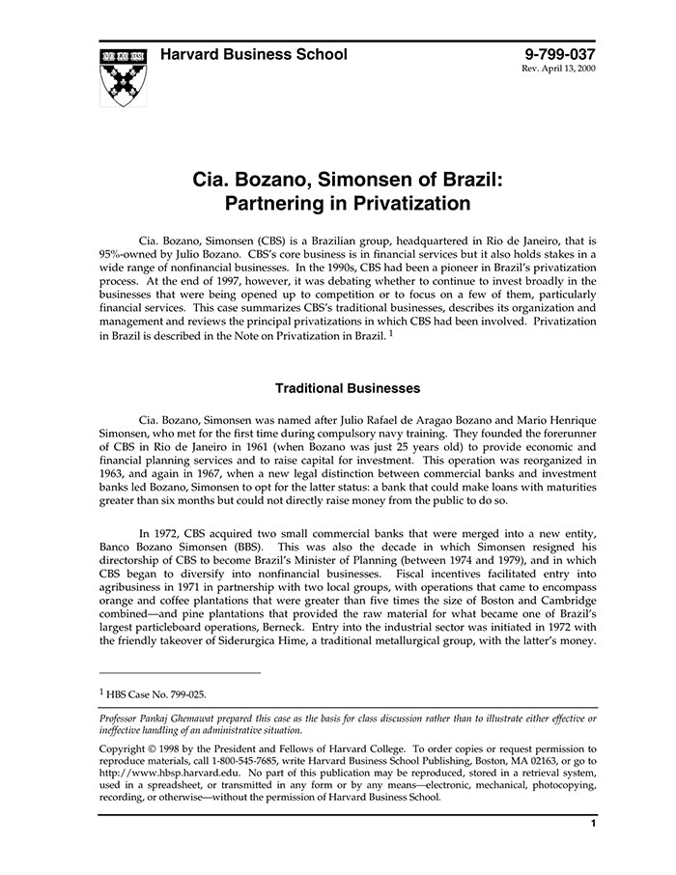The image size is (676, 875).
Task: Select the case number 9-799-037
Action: (560, 54)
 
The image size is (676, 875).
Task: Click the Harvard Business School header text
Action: (254, 54)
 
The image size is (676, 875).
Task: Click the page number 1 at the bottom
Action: (592, 824)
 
